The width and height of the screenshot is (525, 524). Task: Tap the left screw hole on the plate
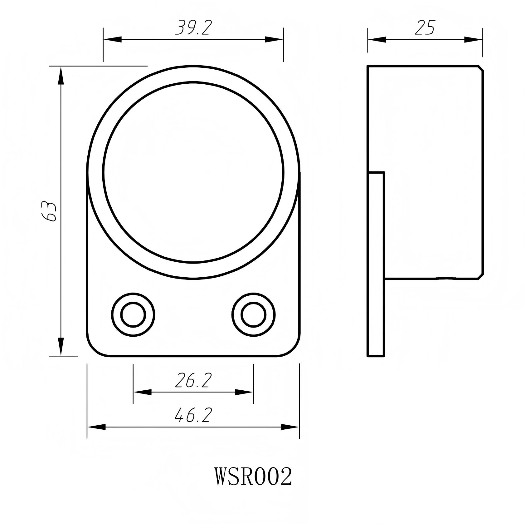pyautogui.click(x=133, y=315)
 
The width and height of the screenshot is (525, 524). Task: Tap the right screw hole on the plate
pyautogui.click(x=254, y=315)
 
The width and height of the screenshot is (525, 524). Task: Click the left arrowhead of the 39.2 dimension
pyautogui.click(x=112, y=39)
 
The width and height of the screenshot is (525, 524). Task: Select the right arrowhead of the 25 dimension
pyautogui.click(x=474, y=40)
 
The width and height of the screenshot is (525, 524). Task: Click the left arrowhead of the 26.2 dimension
pyautogui.click(x=142, y=392)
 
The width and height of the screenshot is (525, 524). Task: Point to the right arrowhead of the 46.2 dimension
pyautogui.click(x=290, y=427)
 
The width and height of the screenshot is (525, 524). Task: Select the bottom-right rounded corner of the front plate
pyautogui.click(x=293, y=349)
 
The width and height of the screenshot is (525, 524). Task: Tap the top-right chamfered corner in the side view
pyautogui.click(x=481, y=68)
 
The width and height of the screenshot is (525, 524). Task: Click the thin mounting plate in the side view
pyautogui.click(x=376, y=264)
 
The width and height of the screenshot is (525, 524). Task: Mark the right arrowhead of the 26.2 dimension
pyautogui.click(x=244, y=392)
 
